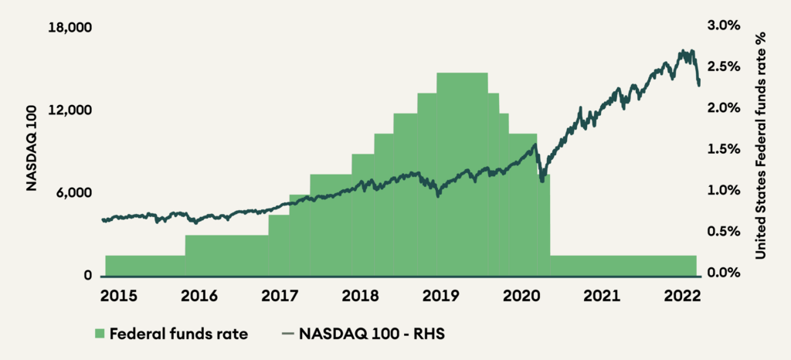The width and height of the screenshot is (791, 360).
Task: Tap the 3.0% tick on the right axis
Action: point(724,25)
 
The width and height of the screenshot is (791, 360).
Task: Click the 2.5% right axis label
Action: point(724,66)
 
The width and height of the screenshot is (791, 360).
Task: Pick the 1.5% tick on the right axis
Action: point(724,149)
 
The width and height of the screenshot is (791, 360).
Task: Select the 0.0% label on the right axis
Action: point(724,273)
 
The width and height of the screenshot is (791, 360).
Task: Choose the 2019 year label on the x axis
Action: point(440,297)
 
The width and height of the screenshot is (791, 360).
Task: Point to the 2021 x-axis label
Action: point(602,297)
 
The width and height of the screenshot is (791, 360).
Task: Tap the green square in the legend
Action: point(98,335)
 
